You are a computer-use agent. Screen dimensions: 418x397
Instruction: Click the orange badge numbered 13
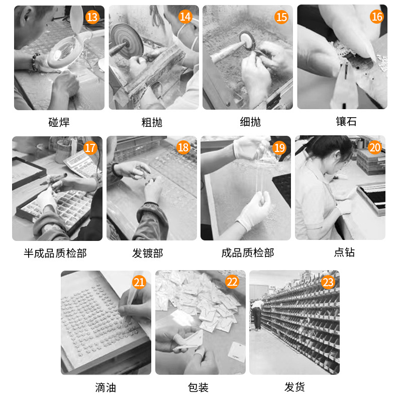click(92, 17)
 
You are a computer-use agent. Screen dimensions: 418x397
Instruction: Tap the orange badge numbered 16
click(376, 17)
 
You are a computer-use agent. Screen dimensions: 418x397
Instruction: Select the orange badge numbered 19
click(279, 148)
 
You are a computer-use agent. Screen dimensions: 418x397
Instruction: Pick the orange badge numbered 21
click(139, 282)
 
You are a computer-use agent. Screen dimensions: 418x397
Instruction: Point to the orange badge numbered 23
click(328, 282)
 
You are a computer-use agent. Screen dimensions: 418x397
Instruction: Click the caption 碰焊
click(59, 122)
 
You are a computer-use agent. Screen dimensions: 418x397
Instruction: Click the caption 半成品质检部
click(55, 253)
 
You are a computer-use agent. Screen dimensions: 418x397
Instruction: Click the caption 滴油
click(106, 388)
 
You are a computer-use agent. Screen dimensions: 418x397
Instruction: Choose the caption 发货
click(294, 387)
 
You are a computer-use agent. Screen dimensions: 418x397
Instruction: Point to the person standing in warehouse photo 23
click(257, 314)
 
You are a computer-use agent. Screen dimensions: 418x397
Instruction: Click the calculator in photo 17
click(75, 163)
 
